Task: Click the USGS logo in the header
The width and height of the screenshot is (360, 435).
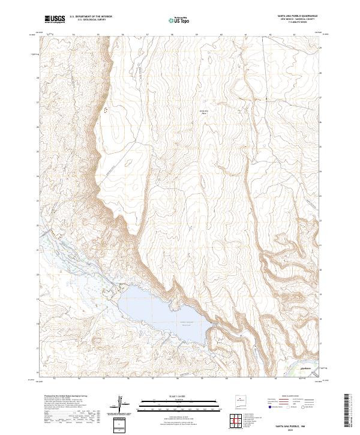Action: tap(55, 19)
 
